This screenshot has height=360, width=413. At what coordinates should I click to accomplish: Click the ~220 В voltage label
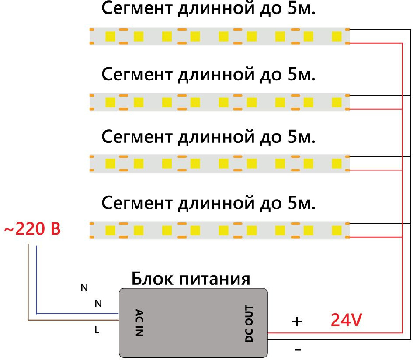click(x=32, y=229)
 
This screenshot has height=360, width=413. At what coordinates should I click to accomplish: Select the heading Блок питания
click(x=191, y=278)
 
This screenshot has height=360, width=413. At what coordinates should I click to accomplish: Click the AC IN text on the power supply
click(x=139, y=323)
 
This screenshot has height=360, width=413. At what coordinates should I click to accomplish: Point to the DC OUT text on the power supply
click(x=249, y=323)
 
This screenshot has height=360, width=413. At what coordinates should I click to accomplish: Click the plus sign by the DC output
click(x=297, y=322)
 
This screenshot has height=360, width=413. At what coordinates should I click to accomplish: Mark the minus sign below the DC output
click(x=298, y=350)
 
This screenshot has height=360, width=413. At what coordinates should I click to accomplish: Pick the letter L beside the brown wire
click(x=97, y=331)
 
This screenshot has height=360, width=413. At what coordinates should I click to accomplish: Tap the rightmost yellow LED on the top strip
click(x=337, y=36)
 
